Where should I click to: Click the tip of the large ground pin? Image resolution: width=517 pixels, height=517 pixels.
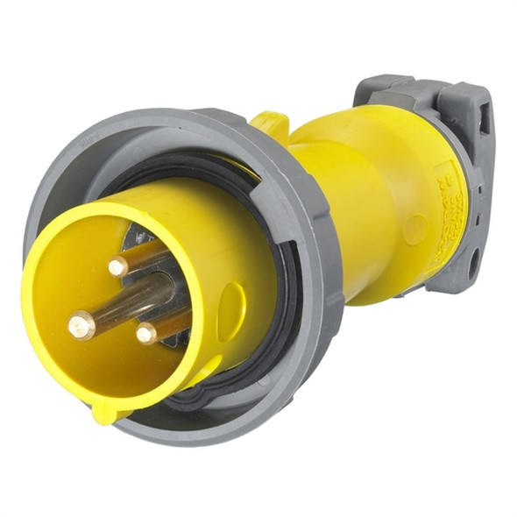coord(81,326)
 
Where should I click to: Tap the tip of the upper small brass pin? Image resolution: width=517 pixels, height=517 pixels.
coord(118,266)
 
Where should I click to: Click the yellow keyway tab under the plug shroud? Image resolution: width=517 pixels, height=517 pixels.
coord(110,409)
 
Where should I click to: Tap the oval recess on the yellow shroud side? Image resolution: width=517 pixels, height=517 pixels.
coord(231,312)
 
